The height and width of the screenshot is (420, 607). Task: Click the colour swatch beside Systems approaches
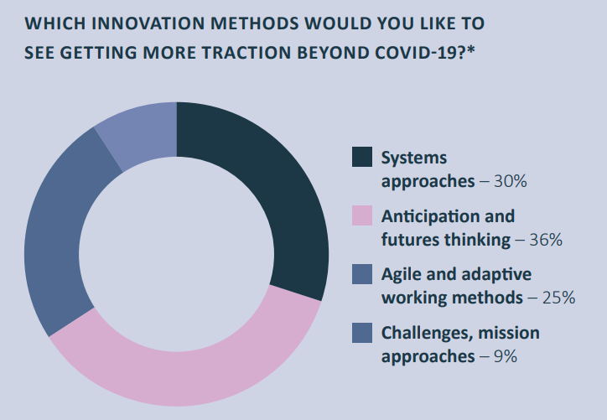coord(362,157)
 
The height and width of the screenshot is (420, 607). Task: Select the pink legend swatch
coord(362,215)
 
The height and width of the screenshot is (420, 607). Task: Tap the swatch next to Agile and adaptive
coord(362,274)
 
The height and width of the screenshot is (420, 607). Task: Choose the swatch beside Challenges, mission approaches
coord(362,333)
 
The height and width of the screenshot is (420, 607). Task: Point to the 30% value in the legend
coord(511,181)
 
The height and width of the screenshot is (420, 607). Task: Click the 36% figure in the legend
coord(546,240)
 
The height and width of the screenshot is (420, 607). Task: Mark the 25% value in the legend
coord(558,298)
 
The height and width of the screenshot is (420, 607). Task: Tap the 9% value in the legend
coord(506,356)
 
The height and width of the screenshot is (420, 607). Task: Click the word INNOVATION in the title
coord(147,23)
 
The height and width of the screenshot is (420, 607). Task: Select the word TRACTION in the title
coord(246,53)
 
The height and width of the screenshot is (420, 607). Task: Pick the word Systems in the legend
coord(414,158)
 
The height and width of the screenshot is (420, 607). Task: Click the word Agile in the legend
coord(400,275)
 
